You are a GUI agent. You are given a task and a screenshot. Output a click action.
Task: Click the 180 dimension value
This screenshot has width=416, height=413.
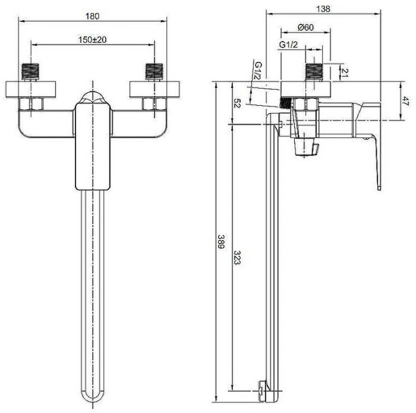[92, 17]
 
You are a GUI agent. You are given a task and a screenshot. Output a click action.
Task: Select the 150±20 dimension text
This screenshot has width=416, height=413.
[92, 40]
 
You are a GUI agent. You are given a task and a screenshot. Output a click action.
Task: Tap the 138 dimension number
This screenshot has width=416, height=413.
[323, 9]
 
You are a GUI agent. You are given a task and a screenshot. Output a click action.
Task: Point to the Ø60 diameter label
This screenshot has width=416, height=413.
[305, 27]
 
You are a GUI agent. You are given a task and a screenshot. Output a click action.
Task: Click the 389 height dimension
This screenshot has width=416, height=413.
[221, 241]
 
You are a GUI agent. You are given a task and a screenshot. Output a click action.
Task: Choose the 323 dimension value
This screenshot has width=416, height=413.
[237, 257]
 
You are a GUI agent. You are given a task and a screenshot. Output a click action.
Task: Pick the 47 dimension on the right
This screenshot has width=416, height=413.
[405, 101]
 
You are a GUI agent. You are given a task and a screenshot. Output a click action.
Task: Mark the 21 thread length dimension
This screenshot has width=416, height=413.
[344, 72]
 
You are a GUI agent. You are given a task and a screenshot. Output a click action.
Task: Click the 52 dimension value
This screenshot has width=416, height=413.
[237, 103]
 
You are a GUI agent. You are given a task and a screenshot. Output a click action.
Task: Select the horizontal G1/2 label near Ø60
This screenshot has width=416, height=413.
[288, 45]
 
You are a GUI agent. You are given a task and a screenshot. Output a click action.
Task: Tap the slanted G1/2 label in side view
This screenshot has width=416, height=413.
[258, 71]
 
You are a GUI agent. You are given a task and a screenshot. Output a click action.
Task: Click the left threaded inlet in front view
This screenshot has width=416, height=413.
[30, 72]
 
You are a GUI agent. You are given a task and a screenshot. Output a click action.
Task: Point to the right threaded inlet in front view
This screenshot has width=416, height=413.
[155, 72]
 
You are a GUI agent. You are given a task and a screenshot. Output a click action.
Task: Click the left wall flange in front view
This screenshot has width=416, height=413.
[31, 89]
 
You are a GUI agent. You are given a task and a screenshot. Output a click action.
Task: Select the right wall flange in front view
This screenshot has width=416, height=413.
[155, 89]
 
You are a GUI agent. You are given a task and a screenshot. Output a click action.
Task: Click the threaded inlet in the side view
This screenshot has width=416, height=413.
[314, 72]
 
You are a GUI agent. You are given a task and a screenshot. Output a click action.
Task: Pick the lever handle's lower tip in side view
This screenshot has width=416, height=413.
[379, 188]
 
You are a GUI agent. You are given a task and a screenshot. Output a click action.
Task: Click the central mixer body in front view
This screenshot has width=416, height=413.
[93, 146]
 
